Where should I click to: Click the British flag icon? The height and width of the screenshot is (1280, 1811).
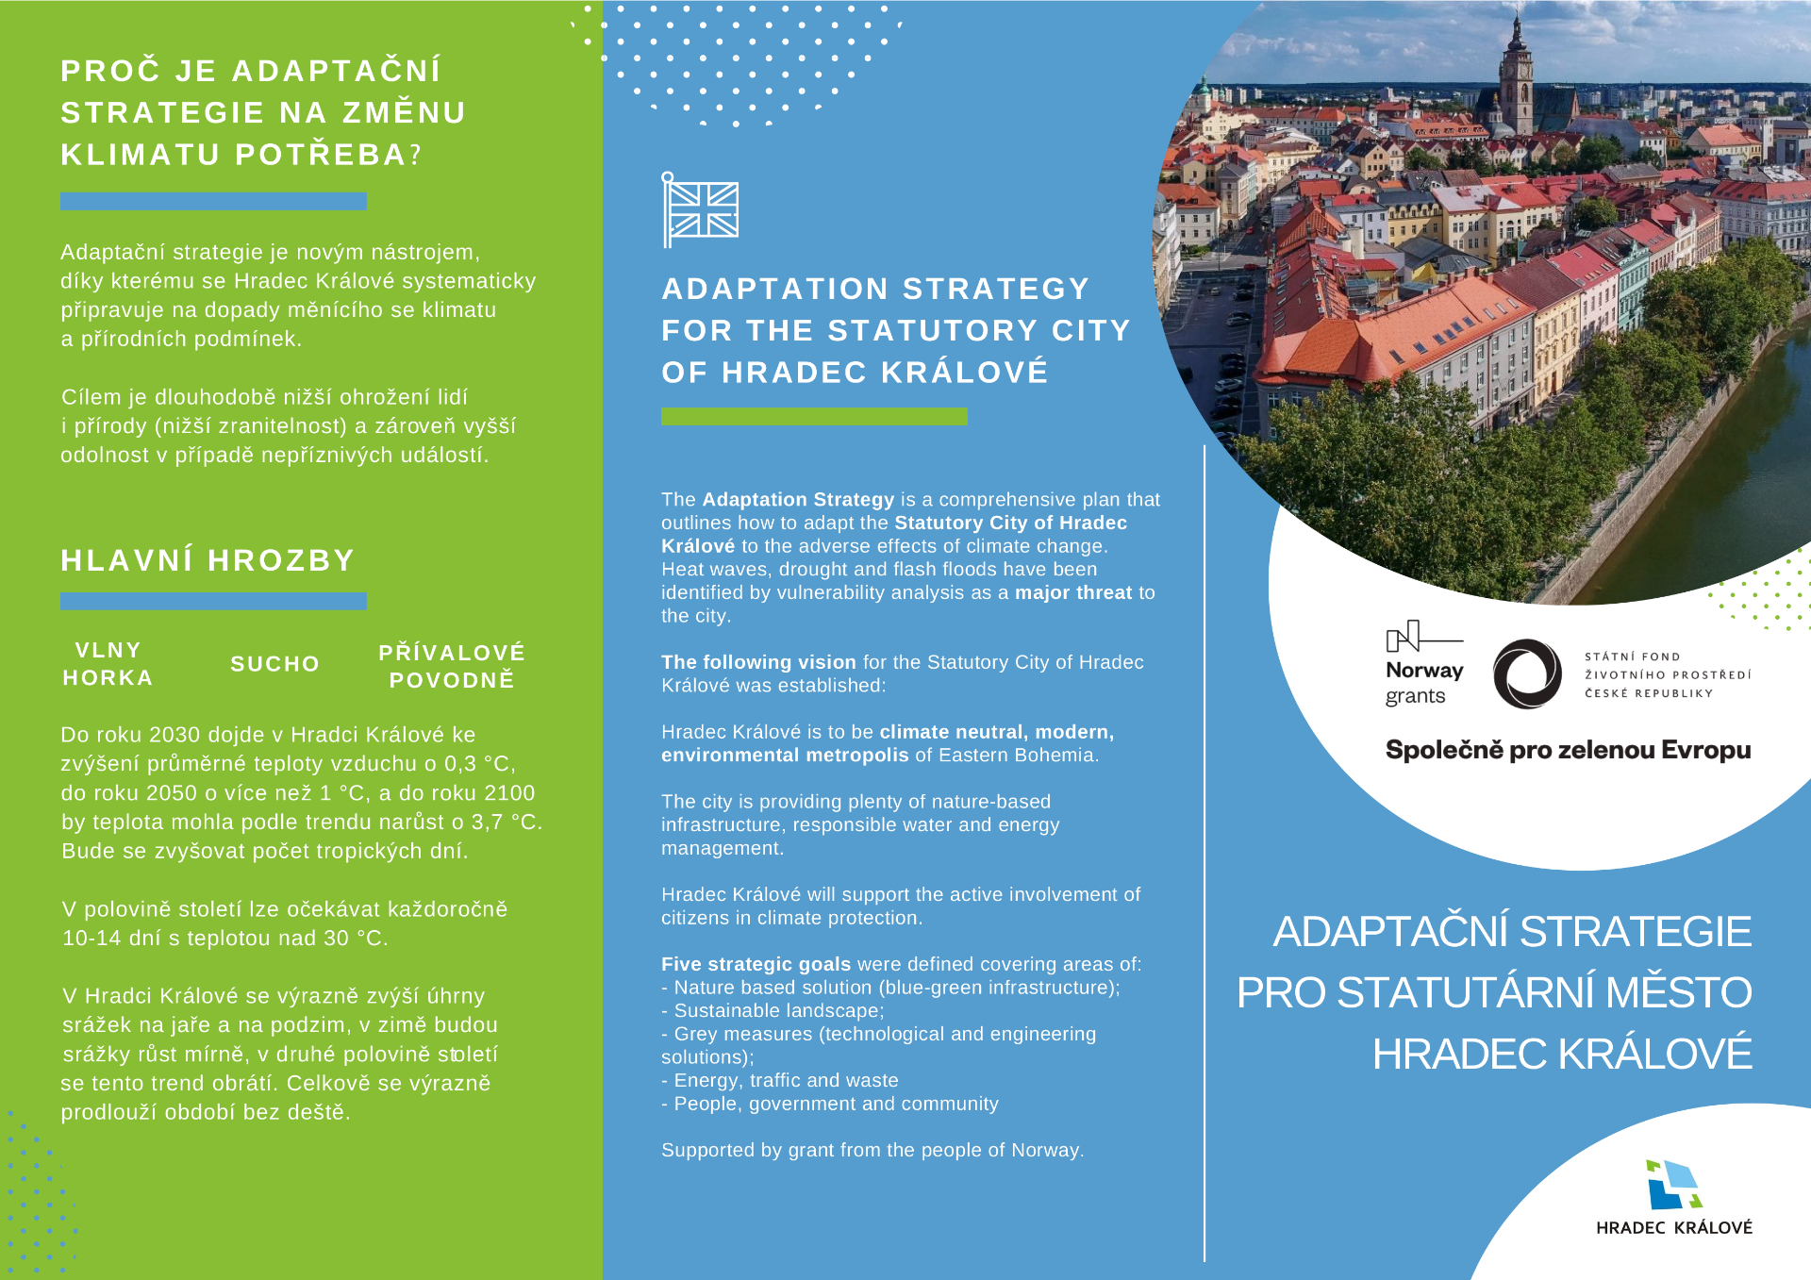coord(701,209)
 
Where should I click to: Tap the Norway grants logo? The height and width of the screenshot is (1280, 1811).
coord(1423,663)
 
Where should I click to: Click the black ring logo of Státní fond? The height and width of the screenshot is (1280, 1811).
coord(1527,673)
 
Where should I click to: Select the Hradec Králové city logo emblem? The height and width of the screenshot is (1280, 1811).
coord(1673,1184)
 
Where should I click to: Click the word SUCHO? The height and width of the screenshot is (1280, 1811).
coord(274,664)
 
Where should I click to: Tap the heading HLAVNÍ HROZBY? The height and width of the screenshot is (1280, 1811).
coord(208,560)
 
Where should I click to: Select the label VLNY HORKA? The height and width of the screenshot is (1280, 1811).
coord(108,664)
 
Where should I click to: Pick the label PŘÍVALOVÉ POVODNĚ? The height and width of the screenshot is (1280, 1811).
coord(452,666)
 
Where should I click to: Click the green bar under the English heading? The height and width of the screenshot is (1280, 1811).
coord(814,416)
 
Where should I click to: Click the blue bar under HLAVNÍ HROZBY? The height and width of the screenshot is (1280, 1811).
coord(213,601)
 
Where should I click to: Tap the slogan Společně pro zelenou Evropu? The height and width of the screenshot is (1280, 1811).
coord(1568,750)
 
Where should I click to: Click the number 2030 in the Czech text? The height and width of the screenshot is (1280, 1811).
coord(174,735)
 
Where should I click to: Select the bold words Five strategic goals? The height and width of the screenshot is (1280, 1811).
coord(756,964)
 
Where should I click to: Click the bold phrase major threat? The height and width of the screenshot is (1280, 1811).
coord(1073,592)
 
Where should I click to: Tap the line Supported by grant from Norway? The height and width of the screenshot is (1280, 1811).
coord(872,1150)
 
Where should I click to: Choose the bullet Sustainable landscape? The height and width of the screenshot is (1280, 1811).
coord(778,1010)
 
